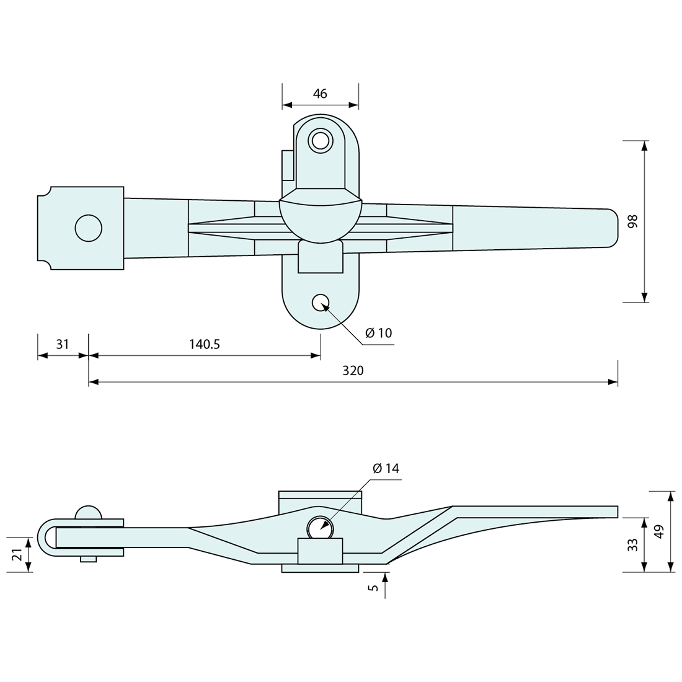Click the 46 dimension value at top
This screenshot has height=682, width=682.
[320, 94]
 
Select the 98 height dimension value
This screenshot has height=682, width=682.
[632, 221]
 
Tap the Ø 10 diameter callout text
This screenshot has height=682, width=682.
[378, 333]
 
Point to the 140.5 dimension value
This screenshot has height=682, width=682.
[205, 344]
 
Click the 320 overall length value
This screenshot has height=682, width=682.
[353, 371]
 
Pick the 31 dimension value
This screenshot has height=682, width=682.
[63, 344]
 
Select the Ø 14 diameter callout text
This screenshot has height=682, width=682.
[386, 468]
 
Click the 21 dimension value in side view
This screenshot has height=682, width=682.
[18, 554]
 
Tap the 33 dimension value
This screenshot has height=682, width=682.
[632, 545]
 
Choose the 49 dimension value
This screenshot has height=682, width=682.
[658, 531]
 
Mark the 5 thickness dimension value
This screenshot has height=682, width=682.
[371, 587]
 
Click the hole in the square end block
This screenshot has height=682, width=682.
[88, 228]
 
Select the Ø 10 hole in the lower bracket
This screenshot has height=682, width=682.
[321, 303]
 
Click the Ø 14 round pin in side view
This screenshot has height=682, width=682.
[320, 528]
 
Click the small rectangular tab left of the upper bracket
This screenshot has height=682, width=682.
[287, 165]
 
